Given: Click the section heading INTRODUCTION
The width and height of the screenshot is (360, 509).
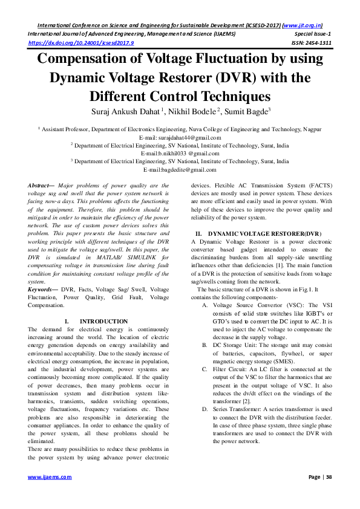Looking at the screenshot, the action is (103, 321).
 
